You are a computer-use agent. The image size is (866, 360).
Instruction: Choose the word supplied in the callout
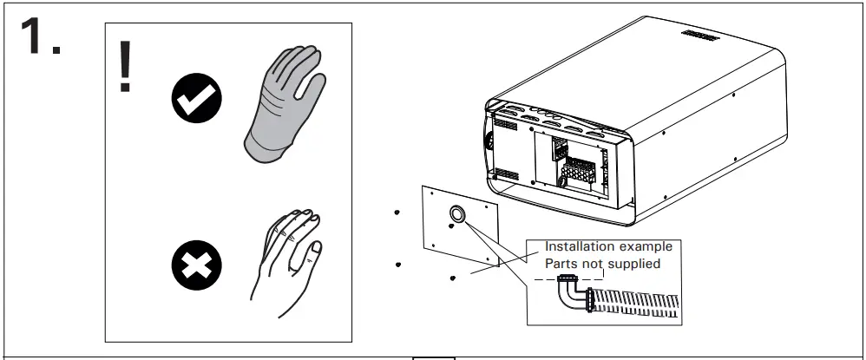[x=640, y=264]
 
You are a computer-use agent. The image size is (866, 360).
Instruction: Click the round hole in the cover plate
[x=457, y=213]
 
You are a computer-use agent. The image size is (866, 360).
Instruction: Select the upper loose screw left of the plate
[x=397, y=212]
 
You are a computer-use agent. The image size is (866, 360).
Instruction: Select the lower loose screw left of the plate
[x=397, y=264]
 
